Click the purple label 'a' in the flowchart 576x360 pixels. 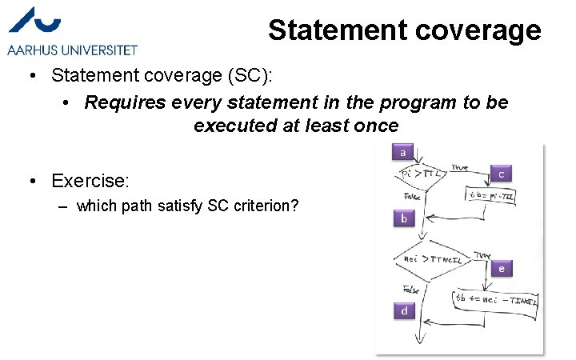(402, 152)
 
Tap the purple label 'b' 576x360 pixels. (404, 218)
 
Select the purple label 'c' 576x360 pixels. (501, 174)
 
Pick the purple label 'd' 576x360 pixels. (404, 310)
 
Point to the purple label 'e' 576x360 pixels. (501, 269)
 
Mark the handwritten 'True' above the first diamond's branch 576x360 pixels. (459, 166)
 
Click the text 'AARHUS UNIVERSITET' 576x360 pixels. (72, 50)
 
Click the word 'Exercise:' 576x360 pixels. (90, 179)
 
